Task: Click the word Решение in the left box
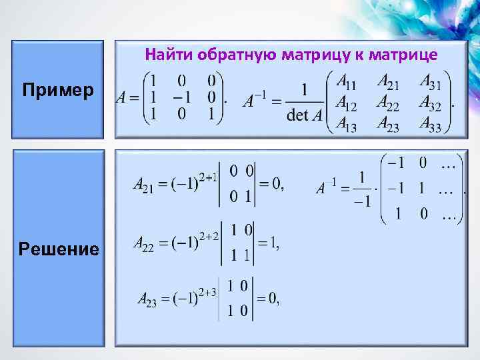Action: point(59,249)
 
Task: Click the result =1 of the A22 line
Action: point(269,245)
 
